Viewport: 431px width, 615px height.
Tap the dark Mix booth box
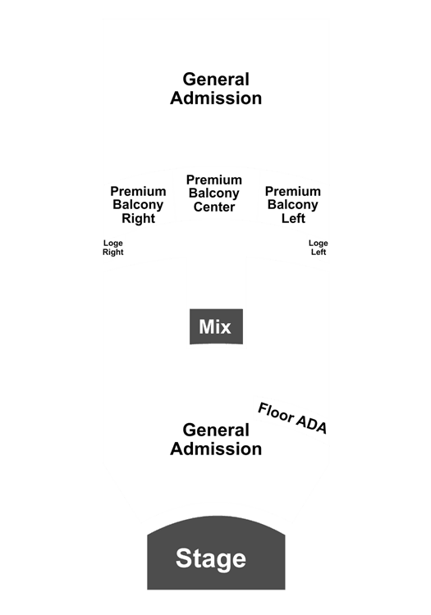[x=216, y=326]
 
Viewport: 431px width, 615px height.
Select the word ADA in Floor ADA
[x=311, y=424]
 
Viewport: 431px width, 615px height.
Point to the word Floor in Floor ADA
[x=276, y=413]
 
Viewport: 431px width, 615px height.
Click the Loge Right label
[x=113, y=248]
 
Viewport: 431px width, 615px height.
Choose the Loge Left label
[x=319, y=248]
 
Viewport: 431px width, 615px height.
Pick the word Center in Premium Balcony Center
[x=214, y=207]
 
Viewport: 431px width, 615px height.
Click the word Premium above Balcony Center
[x=214, y=180]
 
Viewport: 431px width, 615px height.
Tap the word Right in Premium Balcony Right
[x=138, y=218]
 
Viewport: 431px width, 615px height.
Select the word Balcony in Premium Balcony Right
[x=138, y=205]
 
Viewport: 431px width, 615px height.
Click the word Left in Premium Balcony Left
[x=293, y=218]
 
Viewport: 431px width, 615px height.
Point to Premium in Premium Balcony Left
[x=293, y=191]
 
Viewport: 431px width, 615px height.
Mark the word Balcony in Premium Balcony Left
[x=293, y=205]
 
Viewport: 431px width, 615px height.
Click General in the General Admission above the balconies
[x=216, y=80]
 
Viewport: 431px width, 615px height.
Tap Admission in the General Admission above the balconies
[x=216, y=98]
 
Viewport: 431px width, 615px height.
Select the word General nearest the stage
[x=216, y=430]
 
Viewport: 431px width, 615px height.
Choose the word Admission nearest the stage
[x=216, y=449]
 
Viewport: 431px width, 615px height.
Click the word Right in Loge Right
[x=113, y=253]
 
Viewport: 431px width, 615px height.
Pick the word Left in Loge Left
[x=319, y=252]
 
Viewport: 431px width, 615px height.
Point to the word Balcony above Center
[x=214, y=194]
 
